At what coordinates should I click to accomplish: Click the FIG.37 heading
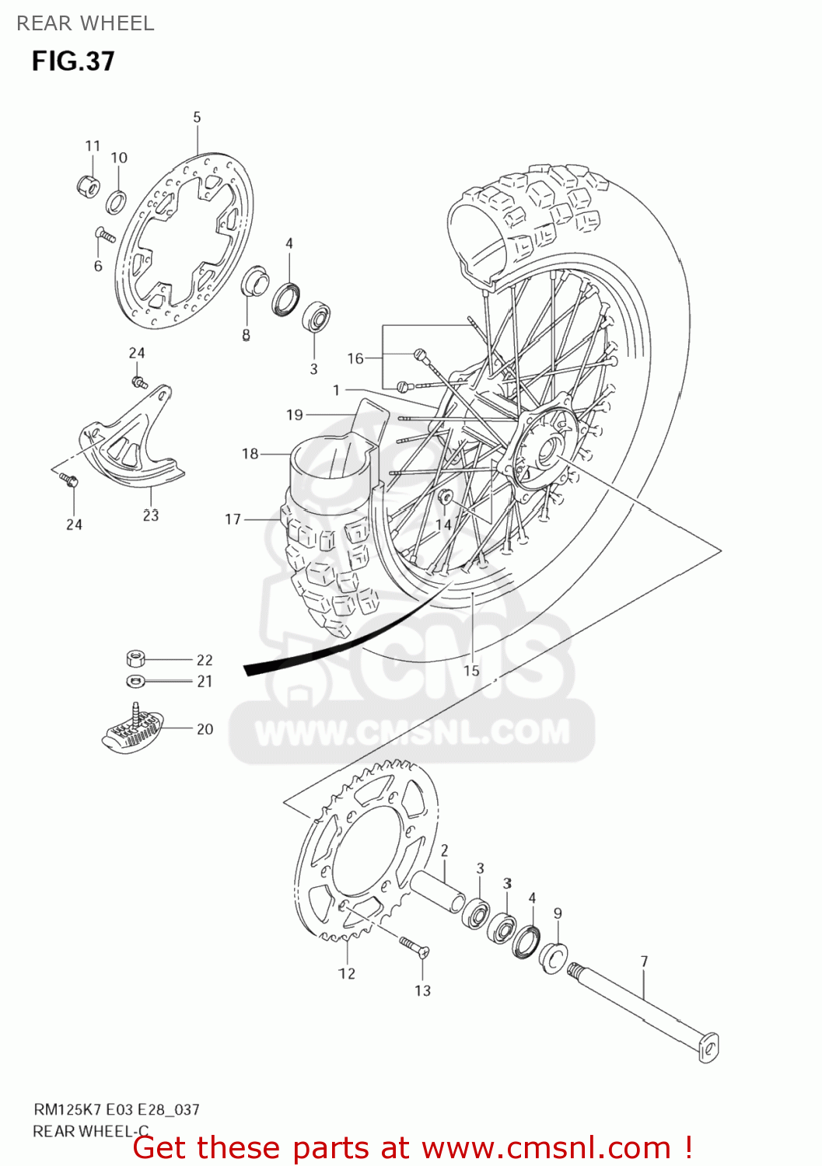click(x=73, y=61)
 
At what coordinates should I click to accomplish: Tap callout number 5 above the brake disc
click(x=197, y=117)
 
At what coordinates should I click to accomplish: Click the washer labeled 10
click(x=116, y=202)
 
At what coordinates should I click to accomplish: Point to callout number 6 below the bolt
click(x=98, y=267)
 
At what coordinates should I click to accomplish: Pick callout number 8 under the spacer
click(x=246, y=335)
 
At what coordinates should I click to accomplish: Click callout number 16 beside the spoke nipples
click(x=355, y=358)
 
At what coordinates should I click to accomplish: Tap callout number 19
click(x=295, y=415)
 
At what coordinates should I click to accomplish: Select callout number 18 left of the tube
click(x=250, y=453)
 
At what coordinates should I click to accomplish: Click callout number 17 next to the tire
click(x=233, y=518)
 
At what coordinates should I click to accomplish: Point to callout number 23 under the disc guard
click(x=151, y=515)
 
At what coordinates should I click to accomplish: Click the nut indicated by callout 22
click(x=135, y=659)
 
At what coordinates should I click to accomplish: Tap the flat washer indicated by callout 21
click(x=135, y=682)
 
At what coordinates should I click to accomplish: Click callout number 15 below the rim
click(x=471, y=671)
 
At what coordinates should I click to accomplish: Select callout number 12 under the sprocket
click(x=347, y=973)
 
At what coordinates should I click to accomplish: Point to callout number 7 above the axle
click(x=644, y=962)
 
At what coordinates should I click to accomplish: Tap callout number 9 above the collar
click(x=558, y=913)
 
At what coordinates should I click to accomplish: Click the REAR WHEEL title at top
click(x=86, y=23)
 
